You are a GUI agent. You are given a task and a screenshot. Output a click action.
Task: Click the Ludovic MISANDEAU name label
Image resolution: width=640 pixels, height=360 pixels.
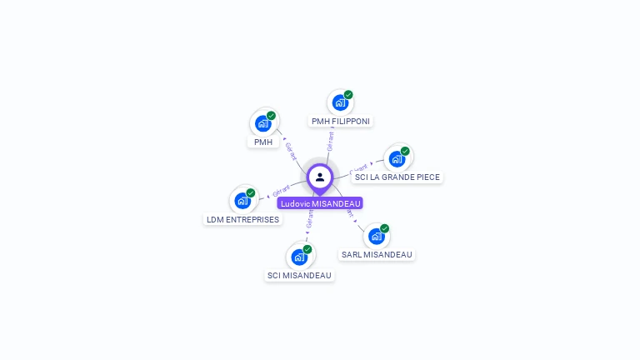(x=320, y=203)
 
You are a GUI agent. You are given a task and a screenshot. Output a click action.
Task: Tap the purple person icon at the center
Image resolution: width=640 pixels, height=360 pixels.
(x=320, y=177)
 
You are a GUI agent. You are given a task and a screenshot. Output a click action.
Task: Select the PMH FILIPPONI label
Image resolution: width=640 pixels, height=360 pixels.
(x=340, y=122)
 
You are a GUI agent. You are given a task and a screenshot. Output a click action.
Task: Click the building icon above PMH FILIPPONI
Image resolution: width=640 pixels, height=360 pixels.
(x=339, y=103)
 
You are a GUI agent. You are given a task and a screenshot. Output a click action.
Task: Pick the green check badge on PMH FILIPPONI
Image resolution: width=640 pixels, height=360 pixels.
(x=348, y=95)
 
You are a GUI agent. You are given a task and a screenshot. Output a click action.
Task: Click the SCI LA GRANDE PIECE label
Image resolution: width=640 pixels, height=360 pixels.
(x=397, y=177)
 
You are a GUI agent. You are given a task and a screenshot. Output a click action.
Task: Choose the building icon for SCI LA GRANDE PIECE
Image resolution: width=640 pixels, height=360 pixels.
(x=397, y=159)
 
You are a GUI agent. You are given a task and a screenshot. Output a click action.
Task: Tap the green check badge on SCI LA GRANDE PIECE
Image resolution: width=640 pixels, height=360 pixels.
(x=405, y=152)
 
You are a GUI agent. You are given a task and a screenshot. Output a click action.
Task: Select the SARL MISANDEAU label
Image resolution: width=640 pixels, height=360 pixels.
(x=377, y=255)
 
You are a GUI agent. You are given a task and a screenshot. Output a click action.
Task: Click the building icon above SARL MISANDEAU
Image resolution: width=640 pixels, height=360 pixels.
(x=376, y=237)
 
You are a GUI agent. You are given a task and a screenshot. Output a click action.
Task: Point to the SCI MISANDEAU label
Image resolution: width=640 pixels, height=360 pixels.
(x=299, y=276)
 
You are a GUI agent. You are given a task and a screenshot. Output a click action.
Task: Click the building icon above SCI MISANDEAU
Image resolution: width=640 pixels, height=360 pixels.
(x=298, y=257)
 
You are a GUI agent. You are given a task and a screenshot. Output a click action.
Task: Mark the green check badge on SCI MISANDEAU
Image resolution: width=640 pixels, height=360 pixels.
(x=307, y=249)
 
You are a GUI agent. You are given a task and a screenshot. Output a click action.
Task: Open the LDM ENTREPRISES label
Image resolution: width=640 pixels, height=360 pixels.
(x=242, y=220)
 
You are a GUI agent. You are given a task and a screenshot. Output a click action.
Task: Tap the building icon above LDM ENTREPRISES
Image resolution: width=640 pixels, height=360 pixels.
(x=242, y=201)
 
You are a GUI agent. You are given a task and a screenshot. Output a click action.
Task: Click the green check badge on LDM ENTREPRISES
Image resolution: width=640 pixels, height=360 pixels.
(x=251, y=193)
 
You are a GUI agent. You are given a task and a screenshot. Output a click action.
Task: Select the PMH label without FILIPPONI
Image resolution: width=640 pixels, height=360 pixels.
(x=263, y=142)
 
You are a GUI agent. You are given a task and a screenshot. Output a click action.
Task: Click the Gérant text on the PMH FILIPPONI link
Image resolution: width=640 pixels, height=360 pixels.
(x=330, y=141)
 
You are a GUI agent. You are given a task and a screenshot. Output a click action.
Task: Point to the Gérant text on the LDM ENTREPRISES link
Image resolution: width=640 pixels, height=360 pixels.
(x=281, y=190)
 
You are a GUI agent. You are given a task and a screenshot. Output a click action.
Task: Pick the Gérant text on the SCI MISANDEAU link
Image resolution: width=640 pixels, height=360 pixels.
(x=309, y=219)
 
